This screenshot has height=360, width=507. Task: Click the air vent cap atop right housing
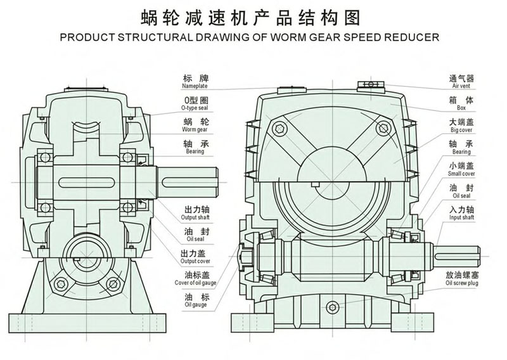point(369,84)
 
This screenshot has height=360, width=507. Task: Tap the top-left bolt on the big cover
point(277,130)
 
